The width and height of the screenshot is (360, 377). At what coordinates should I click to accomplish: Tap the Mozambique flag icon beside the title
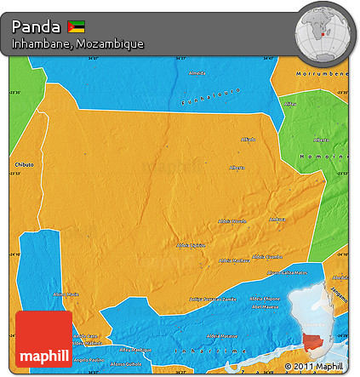pos(77,25)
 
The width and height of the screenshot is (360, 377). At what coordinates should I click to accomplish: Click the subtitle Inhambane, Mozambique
pos(77,43)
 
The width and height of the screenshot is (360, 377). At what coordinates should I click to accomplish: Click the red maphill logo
pos(43,340)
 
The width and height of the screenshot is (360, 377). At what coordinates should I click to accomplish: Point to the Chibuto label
pos(23,163)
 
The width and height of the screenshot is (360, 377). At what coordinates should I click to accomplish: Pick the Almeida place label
pos(197,72)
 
